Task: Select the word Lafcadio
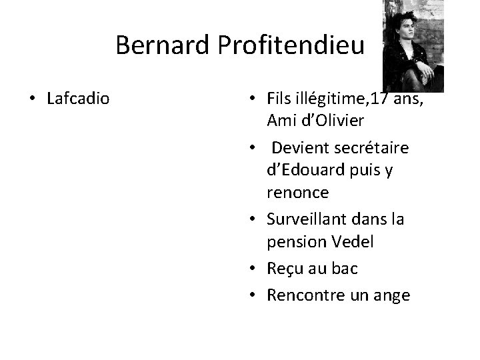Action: (x=79, y=99)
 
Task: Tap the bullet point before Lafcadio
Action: (x=31, y=100)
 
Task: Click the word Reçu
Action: (x=284, y=268)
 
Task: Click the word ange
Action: (x=392, y=295)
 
